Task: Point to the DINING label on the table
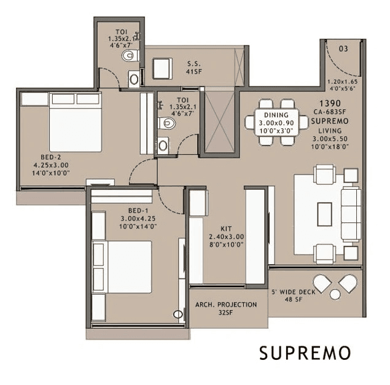coord(276,115)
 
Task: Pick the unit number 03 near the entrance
coord(343,49)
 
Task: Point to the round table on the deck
coord(335,295)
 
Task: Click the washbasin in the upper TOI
coord(134,79)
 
